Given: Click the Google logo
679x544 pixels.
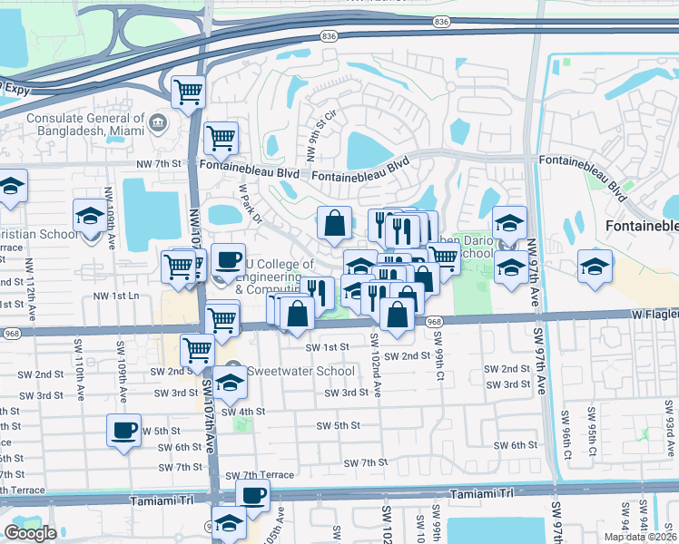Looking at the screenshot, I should [x=30, y=533].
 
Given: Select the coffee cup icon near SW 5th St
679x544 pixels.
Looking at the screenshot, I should [x=123, y=430].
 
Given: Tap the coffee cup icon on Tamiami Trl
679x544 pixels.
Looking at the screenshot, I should [x=252, y=494].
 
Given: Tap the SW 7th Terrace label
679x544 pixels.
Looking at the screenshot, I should [x=260, y=475].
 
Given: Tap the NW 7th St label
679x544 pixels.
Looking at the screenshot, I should [x=159, y=164].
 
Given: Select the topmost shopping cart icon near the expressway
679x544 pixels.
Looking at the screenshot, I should [x=188, y=90].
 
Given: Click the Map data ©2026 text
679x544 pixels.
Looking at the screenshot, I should [x=639, y=537].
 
